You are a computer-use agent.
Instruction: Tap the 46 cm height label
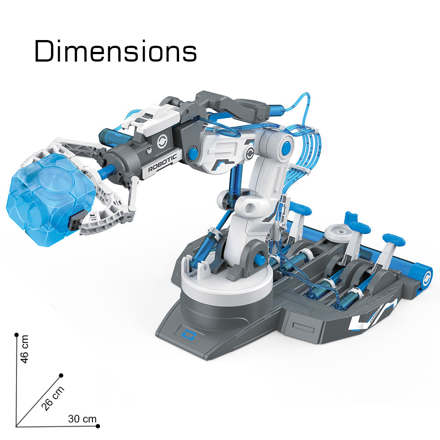(x=25, y=349)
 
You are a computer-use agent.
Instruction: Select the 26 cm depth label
(x=53, y=398)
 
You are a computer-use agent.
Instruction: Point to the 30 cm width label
(x=82, y=419)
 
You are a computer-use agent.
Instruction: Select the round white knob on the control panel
(x=340, y=233)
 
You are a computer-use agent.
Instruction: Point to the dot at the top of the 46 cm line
(x=17, y=335)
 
